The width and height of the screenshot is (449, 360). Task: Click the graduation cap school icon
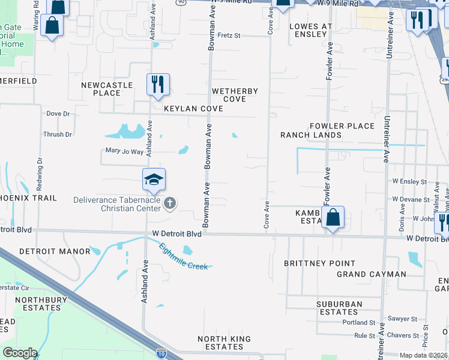[x=154, y=179]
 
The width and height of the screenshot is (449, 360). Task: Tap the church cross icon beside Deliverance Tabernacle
[x=170, y=203]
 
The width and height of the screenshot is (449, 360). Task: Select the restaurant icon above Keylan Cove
[x=158, y=85]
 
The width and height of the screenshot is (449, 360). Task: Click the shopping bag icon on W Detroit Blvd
[x=333, y=218]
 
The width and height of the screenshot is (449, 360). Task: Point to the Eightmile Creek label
[x=184, y=256]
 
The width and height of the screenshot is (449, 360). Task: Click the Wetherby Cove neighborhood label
[x=235, y=95]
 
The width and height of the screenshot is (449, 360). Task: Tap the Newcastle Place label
[x=107, y=89]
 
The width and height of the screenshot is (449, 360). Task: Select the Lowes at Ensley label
[x=311, y=31]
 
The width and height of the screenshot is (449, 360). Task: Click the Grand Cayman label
[x=371, y=274]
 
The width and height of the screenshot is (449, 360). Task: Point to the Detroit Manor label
[x=54, y=251]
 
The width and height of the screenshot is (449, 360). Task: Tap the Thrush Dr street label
[x=57, y=134]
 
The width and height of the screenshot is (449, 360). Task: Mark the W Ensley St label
[x=409, y=181]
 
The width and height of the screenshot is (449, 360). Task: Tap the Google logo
[x=20, y=353]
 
